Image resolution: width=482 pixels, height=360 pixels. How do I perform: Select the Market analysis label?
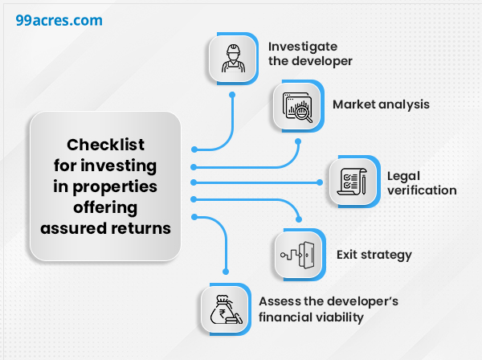click(381, 104)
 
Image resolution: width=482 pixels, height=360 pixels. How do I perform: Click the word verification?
click(422, 190)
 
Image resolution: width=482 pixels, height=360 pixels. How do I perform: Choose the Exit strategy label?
click(374, 255)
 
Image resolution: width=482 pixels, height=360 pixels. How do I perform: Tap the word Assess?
click(280, 301)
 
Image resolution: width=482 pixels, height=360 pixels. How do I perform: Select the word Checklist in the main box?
click(105, 145)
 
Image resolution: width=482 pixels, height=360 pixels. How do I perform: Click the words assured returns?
click(105, 227)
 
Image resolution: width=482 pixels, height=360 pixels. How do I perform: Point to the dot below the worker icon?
click(232, 94)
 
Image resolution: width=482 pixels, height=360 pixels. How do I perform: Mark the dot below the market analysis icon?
click(297, 142)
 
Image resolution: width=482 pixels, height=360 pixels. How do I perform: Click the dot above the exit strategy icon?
click(300, 219)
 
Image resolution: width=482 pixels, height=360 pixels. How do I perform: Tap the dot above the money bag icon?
click(226, 272)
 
